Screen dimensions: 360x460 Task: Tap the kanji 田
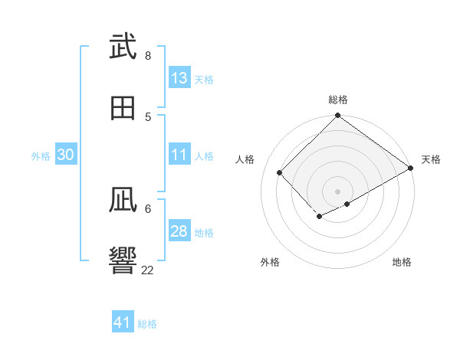[x=123, y=107]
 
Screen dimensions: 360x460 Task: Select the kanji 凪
[x=123, y=201]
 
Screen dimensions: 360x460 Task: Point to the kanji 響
[x=123, y=261]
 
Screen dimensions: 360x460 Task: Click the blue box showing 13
[x=179, y=78]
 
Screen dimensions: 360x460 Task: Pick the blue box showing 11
[x=179, y=155]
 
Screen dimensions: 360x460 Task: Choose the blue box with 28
[x=179, y=231]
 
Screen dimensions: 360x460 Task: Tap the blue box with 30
[x=66, y=155]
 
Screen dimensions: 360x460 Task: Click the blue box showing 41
[x=123, y=322]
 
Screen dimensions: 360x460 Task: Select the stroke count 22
[x=148, y=270]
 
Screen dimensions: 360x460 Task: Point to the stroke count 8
[x=148, y=55]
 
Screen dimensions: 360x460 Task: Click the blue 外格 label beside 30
[x=41, y=156]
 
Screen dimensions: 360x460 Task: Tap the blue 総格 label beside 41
[x=147, y=324]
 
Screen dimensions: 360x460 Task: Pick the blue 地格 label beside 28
[x=204, y=233]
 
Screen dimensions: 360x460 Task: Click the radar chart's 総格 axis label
[x=338, y=100]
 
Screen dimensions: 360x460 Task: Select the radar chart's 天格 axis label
[x=431, y=159]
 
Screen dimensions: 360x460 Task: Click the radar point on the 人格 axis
[x=280, y=172]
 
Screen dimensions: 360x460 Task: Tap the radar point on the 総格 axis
[x=338, y=116]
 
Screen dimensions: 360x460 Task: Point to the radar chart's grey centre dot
[x=338, y=191]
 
